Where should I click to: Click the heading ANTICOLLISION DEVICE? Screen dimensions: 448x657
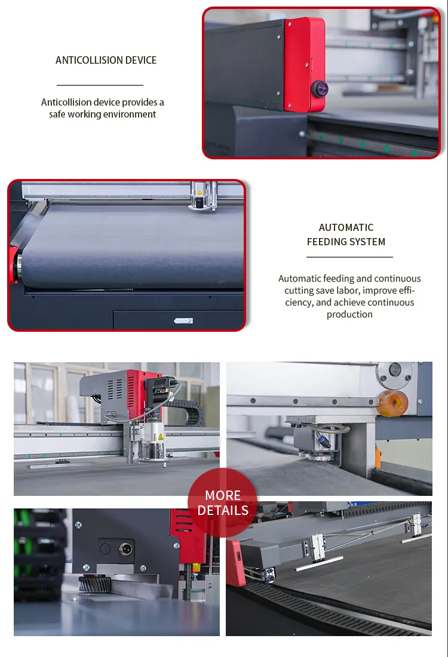point(106,60)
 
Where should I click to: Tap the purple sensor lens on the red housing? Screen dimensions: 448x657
point(319,88)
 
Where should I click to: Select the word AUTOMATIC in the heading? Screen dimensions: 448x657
point(346,227)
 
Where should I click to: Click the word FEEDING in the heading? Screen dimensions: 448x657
point(329,242)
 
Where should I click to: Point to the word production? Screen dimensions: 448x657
point(349,314)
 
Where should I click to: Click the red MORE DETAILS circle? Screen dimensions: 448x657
point(222,502)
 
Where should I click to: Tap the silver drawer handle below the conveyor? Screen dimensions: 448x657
point(183,321)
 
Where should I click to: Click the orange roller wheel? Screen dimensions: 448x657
point(392,403)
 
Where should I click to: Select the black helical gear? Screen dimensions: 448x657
point(95,584)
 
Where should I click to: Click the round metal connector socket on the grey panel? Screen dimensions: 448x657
point(125,549)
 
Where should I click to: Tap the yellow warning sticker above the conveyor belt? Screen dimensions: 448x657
point(200,192)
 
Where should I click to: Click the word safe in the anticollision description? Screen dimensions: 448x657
point(57,115)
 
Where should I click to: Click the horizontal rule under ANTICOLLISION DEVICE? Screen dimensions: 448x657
point(100,85)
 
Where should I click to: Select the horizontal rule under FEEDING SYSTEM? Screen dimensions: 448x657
point(349,257)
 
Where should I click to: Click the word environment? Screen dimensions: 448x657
point(130,115)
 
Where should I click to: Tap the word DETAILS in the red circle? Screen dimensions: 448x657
point(223,510)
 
